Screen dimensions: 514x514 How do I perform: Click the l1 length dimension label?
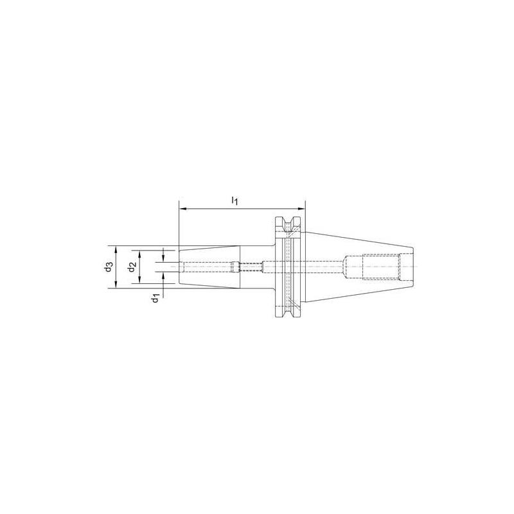pyautogui.click(x=235, y=201)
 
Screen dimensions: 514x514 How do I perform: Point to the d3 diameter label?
pyautogui.click(x=109, y=267)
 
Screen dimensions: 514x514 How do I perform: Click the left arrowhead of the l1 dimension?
pyautogui.click(x=181, y=209)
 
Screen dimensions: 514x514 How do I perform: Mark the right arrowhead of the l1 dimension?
pyautogui.click(x=303, y=209)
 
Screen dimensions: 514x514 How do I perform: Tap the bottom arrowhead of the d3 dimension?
pyautogui.click(x=115, y=286)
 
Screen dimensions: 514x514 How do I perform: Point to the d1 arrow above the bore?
pyautogui.click(x=163, y=257)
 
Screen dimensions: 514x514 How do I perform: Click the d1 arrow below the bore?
pyautogui.click(x=163, y=277)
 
